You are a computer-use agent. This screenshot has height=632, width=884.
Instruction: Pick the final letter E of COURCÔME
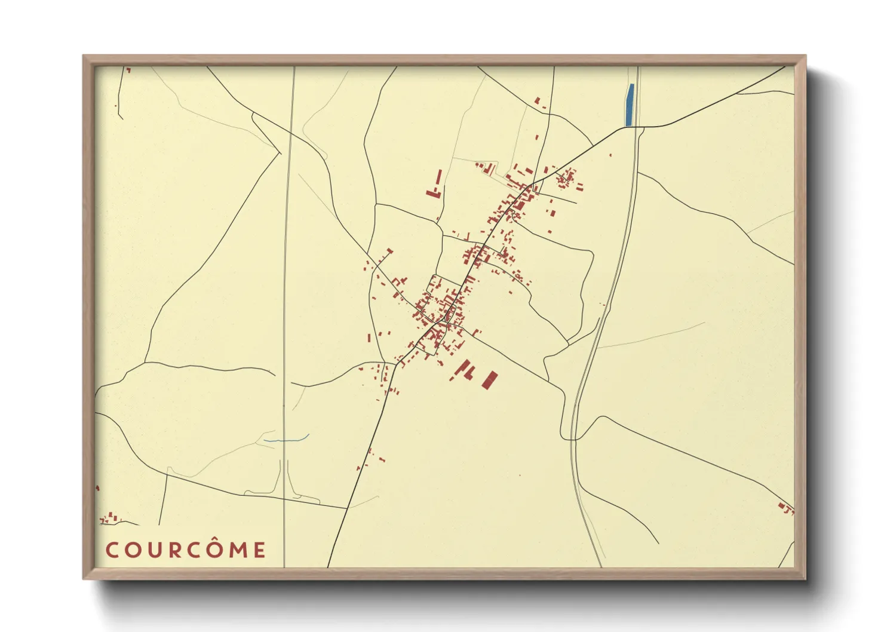(259, 550)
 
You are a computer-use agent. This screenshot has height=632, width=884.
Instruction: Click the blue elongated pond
(629, 105)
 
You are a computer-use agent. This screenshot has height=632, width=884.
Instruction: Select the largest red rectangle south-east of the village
(490, 379)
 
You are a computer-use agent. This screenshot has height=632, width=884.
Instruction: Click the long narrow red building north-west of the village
(439, 178)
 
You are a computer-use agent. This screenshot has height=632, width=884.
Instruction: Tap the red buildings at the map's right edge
(786, 508)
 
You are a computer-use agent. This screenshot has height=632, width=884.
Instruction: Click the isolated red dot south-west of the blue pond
(610, 155)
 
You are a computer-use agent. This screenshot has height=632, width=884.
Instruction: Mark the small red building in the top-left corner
(128, 70)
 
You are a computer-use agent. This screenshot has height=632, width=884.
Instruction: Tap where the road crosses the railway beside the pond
(638, 127)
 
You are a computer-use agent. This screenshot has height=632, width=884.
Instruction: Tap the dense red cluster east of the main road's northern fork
(566, 177)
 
